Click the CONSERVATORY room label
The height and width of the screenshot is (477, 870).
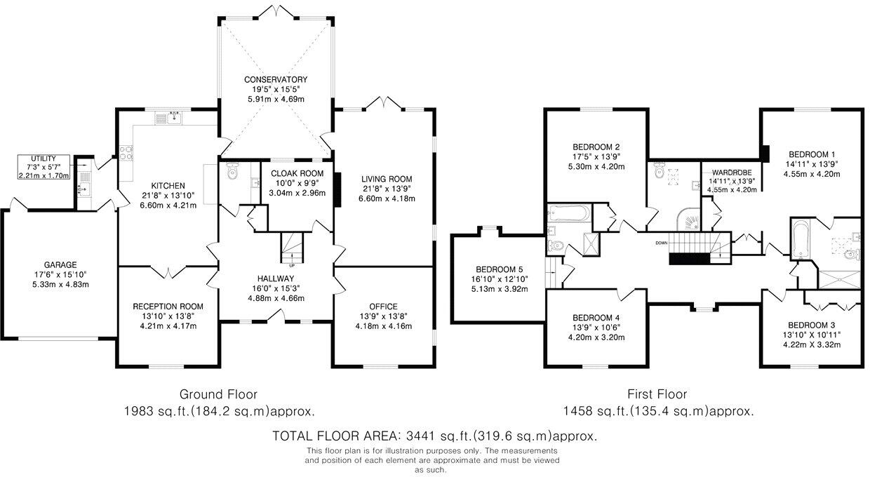point(275,80)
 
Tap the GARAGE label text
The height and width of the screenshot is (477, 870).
point(60,265)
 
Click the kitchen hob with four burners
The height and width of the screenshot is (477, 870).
point(126,153)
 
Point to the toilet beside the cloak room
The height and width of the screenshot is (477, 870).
point(232,171)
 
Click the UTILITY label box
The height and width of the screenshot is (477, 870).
point(44,167)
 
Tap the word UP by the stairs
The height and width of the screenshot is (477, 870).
point(292,266)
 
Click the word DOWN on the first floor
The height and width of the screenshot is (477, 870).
point(662,243)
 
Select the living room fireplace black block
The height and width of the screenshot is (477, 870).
point(337,190)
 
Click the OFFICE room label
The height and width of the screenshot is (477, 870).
point(383,307)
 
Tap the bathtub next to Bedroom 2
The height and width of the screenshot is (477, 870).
point(568,213)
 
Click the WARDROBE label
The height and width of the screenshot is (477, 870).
point(732,173)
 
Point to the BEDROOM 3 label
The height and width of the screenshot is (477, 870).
point(811,325)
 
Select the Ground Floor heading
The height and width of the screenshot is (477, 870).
point(218,395)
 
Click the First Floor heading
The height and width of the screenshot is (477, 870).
point(657,395)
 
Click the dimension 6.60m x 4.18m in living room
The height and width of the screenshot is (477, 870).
point(387,199)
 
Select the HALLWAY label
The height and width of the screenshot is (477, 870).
point(276,278)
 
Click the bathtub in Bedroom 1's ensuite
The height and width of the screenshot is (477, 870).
point(800,239)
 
